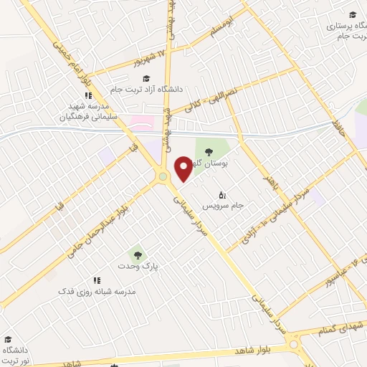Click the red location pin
[183, 168]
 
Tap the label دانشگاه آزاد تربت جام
[154, 90]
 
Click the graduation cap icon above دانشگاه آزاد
[146, 78]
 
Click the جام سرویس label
[223, 206]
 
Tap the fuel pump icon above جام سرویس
[222, 194]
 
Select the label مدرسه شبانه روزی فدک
[97, 292]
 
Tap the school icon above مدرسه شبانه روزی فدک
[96, 280]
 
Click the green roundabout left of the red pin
[163, 176]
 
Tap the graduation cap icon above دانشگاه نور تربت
[8, 339]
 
